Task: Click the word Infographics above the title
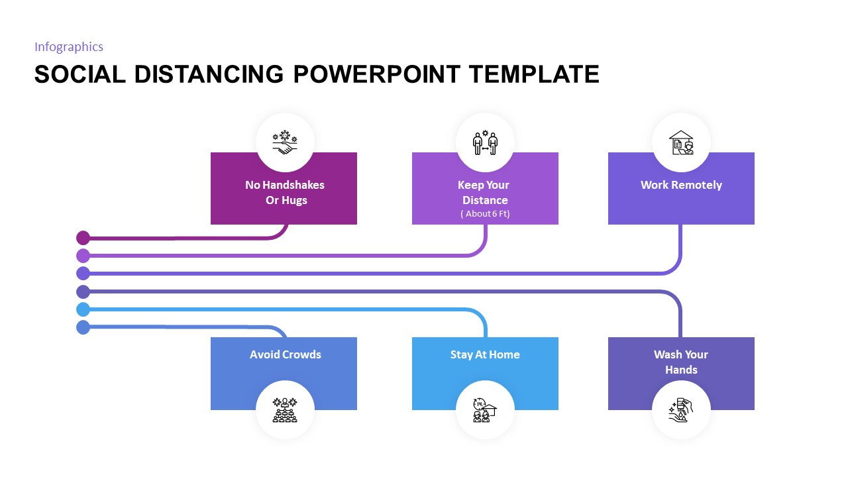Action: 69,46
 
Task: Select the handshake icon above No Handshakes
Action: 285,142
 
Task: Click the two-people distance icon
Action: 485,142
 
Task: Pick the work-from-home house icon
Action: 681,142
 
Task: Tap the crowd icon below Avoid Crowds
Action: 285,410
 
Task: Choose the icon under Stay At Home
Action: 485,410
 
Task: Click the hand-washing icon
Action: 681,410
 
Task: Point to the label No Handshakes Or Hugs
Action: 285,192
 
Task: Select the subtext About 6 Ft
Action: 485,213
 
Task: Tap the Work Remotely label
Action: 681,185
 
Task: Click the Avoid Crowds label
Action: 285,354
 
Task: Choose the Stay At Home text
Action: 485,354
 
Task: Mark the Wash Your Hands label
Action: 681,362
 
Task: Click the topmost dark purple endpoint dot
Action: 83,238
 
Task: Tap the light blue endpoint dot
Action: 83,309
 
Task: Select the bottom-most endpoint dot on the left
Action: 83,327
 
